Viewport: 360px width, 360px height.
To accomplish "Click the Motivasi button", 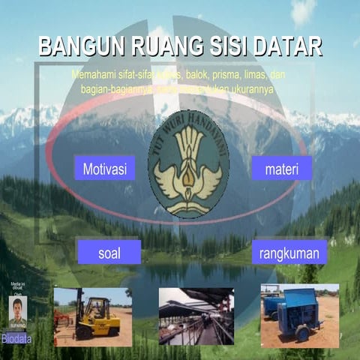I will point(104,168).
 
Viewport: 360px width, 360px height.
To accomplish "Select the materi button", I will point(281,169).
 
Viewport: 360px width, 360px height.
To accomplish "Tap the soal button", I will point(109,252).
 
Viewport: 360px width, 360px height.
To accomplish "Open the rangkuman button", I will point(289,253).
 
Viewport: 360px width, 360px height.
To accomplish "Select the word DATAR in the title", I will point(286,47).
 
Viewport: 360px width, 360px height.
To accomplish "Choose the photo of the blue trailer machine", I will point(299,315).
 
